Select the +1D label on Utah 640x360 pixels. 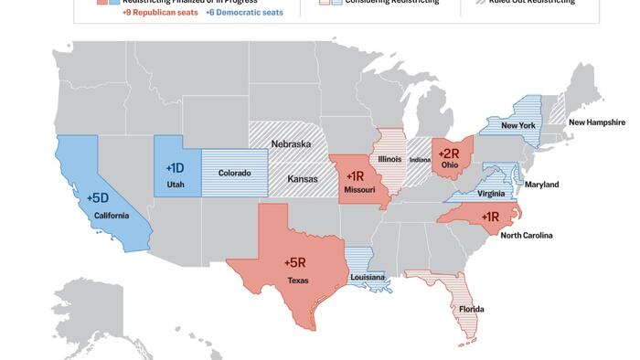tap(176, 168)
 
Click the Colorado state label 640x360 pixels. tap(234, 173)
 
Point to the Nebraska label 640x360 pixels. tap(291, 144)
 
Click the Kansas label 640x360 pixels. tap(303, 179)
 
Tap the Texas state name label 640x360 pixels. tap(298, 281)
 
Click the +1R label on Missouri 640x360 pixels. tap(356, 175)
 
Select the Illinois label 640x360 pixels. tap(391, 158)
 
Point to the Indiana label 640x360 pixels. tap(420, 160)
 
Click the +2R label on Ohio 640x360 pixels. tap(450, 154)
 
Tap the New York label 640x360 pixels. tap(518, 125)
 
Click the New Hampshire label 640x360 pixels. tap(596, 122)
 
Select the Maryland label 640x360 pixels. tap(541, 185)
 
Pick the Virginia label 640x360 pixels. tap(491, 194)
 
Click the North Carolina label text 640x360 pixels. tap(527, 235)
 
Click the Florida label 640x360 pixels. tap(472, 309)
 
